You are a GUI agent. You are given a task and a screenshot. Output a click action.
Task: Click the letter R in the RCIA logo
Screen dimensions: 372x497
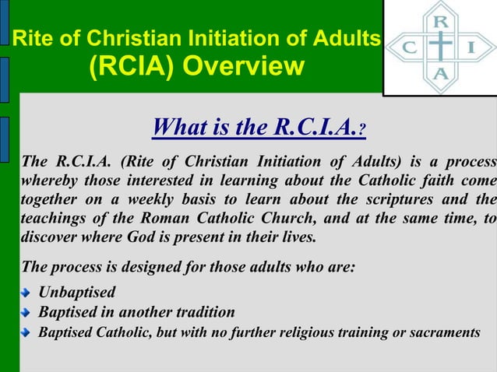pyautogui.click(x=440, y=21)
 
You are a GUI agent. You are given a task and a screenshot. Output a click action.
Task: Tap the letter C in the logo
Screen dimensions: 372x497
pyautogui.click(x=407, y=47)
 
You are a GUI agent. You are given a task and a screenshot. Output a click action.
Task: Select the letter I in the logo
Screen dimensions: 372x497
pyautogui.click(x=473, y=47)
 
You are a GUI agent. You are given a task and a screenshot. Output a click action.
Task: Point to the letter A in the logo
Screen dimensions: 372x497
pyautogui.click(x=440, y=75)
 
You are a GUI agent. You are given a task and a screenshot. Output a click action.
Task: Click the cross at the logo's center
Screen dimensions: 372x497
pyautogui.click(x=440, y=47)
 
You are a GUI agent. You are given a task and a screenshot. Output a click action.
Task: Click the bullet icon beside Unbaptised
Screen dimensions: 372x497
pyautogui.click(x=26, y=294)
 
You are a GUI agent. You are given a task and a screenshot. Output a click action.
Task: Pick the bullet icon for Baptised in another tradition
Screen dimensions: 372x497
pyautogui.click(x=26, y=314)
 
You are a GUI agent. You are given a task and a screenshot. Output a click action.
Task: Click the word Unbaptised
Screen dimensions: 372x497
pyautogui.click(x=77, y=293)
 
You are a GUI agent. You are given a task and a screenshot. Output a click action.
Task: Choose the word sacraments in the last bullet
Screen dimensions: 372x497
pyautogui.click(x=442, y=333)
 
